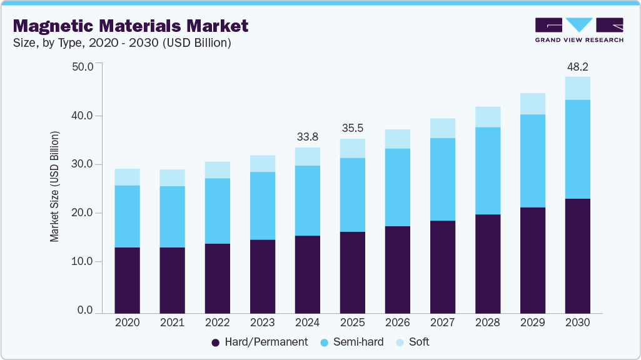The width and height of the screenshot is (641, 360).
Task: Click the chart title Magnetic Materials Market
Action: [x=131, y=26]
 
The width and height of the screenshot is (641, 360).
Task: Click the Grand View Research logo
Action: [x=578, y=30]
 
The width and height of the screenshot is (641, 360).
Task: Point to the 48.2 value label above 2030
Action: [x=577, y=66]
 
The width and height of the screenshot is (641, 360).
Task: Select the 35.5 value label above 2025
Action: [x=352, y=128]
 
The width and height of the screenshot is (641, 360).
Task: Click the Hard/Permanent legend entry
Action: [x=260, y=342]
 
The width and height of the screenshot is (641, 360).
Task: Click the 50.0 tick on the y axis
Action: [x=83, y=67]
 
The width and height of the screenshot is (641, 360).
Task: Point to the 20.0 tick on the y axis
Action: [x=83, y=213]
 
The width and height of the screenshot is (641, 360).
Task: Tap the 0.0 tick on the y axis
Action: [x=85, y=311]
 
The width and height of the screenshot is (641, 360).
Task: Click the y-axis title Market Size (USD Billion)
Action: [x=55, y=187]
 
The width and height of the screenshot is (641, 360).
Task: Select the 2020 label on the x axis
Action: [x=127, y=322]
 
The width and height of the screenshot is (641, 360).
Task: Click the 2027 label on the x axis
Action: [x=442, y=322]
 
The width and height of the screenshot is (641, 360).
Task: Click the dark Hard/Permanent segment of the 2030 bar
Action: [x=577, y=256]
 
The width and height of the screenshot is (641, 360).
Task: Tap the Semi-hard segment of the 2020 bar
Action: [x=127, y=216]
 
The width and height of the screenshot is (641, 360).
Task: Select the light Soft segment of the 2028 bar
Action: [x=487, y=117]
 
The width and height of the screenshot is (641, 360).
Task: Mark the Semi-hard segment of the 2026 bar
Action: [x=397, y=187]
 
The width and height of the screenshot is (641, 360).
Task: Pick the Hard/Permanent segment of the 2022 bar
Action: [x=217, y=278]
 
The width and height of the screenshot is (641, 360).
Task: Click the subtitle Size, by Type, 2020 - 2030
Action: [x=123, y=43]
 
